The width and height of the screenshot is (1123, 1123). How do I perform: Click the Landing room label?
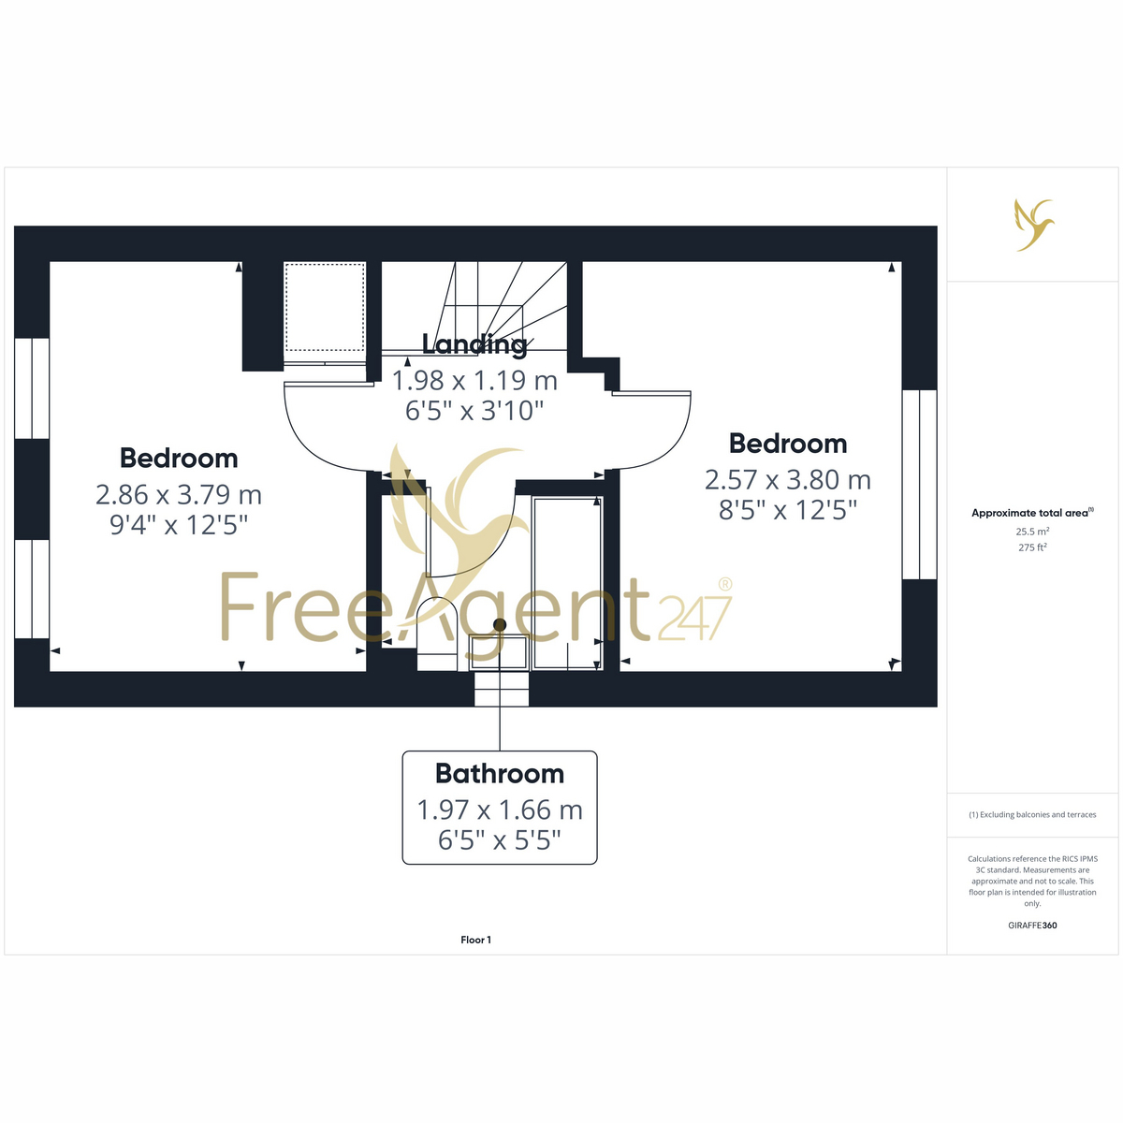[x=474, y=344]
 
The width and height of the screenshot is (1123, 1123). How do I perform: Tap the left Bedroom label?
[x=179, y=458]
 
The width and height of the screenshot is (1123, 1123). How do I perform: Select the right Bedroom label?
[x=788, y=444]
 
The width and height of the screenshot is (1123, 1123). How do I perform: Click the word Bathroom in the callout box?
[x=500, y=774]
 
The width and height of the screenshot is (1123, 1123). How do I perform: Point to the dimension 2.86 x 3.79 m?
[x=179, y=495]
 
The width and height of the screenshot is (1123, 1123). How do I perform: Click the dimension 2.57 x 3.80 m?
[x=788, y=480]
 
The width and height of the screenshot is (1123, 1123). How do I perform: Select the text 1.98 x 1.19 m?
[x=474, y=381]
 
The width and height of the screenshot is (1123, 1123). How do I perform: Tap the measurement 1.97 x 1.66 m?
[x=500, y=810]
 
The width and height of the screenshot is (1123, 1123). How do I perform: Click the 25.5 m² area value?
[x=1032, y=532]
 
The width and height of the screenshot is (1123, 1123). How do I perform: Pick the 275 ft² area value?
[x=1032, y=547]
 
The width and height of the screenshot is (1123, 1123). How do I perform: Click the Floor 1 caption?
[x=475, y=940]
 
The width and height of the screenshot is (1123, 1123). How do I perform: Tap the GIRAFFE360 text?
[x=1032, y=925]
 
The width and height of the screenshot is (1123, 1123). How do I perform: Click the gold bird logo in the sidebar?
[x=1034, y=225]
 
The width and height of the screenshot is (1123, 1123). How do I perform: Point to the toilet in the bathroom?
[x=437, y=634]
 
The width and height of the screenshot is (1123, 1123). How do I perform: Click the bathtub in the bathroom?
[x=568, y=583]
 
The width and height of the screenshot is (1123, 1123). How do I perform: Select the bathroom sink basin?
[x=500, y=652]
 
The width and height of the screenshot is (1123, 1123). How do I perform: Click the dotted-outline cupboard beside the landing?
[x=325, y=307]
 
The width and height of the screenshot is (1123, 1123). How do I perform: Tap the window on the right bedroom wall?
[x=919, y=484]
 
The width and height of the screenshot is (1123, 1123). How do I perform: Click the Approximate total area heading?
[x=1032, y=513]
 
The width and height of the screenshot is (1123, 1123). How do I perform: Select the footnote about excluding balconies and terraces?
[x=1032, y=815]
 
